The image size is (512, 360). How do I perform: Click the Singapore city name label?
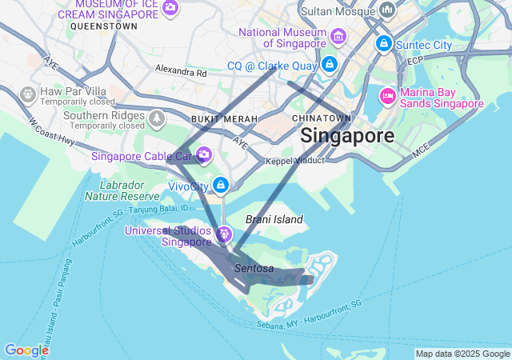pyautogui.click(x=347, y=135)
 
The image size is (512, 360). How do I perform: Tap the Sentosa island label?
pyautogui.click(x=254, y=269)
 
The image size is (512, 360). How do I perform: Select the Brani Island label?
pyautogui.click(x=274, y=219)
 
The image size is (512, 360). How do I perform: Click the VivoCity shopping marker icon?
pyautogui.click(x=222, y=186)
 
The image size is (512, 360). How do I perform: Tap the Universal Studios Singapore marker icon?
pyautogui.click(x=224, y=234)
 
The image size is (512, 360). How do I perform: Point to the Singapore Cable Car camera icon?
pyautogui.click(x=204, y=154)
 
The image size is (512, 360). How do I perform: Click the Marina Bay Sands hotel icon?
pyautogui.click(x=387, y=96)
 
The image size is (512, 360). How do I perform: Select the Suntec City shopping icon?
pyautogui.click(x=384, y=43)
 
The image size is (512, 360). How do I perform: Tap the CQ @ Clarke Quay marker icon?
pyautogui.click(x=330, y=64)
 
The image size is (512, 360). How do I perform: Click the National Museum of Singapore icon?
pyautogui.click(x=338, y=36)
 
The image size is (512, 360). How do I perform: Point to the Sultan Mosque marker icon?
pyautogui.click(x=387, y=10)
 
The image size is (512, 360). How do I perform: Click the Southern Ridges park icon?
pyautogui.click(x=158, y=119)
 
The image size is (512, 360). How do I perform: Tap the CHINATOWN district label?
pyautogui.click(x=321, y=118)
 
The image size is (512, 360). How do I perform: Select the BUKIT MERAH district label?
pyautogui.click(x=224, y=119)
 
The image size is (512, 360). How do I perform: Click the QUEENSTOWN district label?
pyautogui.click(x=103, y=26)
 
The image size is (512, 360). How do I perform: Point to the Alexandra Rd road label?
pyautogui.click(x=181, y=71)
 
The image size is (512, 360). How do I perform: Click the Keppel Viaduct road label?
pyautogui.click(x=295, y=160)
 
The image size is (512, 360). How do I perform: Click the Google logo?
pyautogui.click(x=26, y=350)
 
